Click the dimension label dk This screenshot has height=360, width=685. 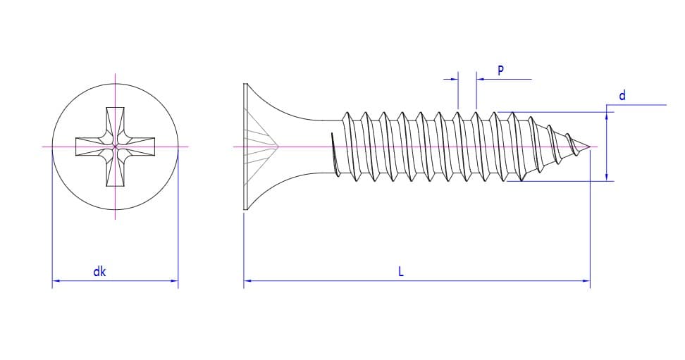[99, 271]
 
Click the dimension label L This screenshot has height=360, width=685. [401, 271]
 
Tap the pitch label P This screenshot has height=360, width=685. [501, 70]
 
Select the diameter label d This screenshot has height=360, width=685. [622, 95]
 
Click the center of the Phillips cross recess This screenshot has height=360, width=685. [115, 147]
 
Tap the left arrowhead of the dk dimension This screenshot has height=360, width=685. [56, 281]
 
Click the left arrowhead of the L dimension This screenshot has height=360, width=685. [247, 281]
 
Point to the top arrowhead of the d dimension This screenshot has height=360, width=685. [607, 115]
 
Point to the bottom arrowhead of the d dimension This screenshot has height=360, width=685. [607, 177]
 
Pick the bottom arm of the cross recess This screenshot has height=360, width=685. [115, 172]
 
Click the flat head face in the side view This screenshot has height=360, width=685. [245, 147]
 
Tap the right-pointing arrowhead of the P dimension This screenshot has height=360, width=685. [455, 80]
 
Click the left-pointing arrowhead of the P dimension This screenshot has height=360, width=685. [481, 80]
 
